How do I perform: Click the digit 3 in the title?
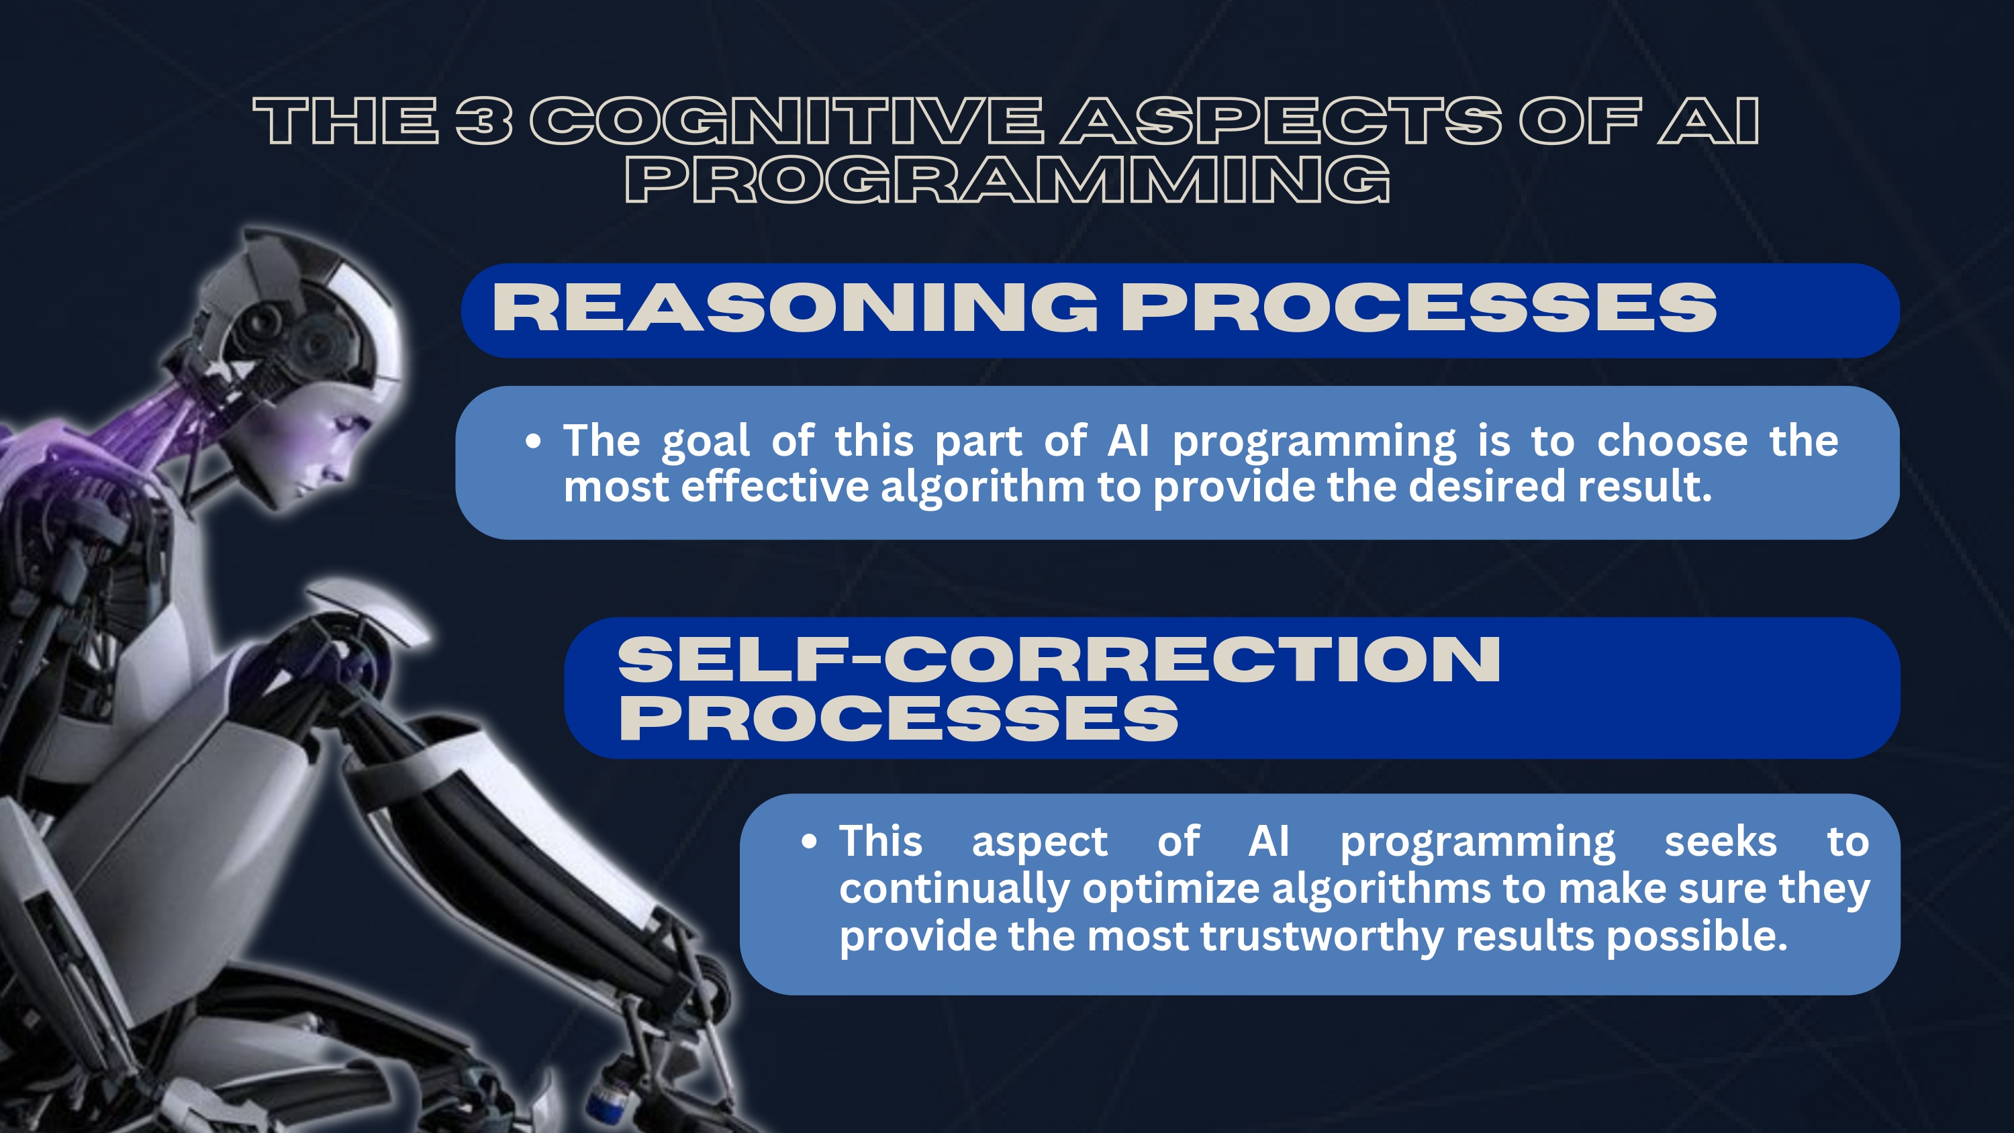(485, 121)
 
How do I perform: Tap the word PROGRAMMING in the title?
(1007, 179)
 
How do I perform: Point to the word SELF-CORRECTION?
(1059, 659)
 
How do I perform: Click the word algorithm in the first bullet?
(983, 488)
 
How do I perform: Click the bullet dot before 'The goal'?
(533, 442)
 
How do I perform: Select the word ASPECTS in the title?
(1281, 121)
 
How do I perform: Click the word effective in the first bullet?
(775, 487)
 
